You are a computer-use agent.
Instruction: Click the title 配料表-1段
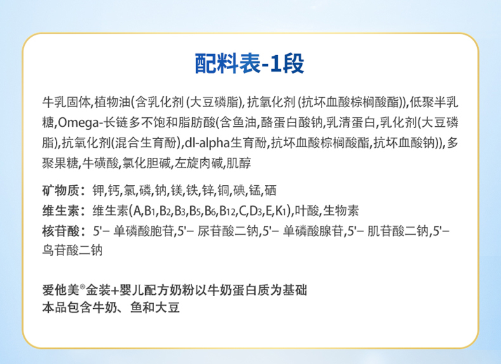click(249, 63)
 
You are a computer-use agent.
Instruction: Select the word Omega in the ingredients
click(79, 123)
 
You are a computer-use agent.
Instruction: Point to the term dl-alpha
click(207, 143)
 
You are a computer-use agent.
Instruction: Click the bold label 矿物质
click(60, 190)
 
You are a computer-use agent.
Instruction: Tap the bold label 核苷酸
click(60, 231)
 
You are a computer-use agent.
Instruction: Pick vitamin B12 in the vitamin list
click(228, 211)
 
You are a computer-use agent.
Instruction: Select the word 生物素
click(341, 211)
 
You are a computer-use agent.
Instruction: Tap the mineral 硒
click(270, 190)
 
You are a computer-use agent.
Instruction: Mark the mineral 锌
click(208, 190)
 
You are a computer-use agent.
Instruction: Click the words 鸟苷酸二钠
click(72, 250)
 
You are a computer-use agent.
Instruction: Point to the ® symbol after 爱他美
click(82, 287)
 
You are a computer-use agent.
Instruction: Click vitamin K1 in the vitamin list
click(281, 211)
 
